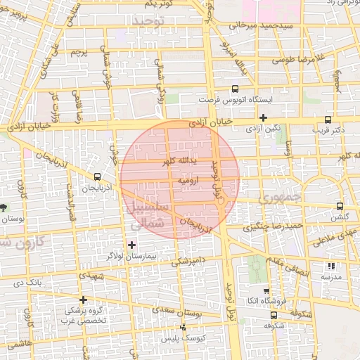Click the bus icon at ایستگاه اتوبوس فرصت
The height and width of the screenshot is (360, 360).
pos(235,89)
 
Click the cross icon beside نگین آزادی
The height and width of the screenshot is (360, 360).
pos(263,117)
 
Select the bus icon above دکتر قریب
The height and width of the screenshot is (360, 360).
pos(328,120)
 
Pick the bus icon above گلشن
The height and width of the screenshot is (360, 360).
pos(340,206)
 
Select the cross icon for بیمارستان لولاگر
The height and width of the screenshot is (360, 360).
pos(131,245)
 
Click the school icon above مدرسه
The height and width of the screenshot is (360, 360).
pos(331,266)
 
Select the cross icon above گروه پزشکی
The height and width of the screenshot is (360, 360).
pos(84,300)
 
